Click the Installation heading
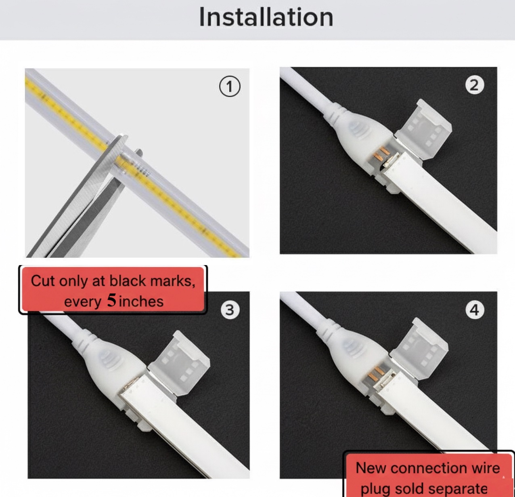(266, 17)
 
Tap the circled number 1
(230, 86)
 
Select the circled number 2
(475, 85)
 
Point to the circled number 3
(230, 310)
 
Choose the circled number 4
(475, 310)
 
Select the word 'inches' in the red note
(141, 301)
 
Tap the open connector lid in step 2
(423, 130)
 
